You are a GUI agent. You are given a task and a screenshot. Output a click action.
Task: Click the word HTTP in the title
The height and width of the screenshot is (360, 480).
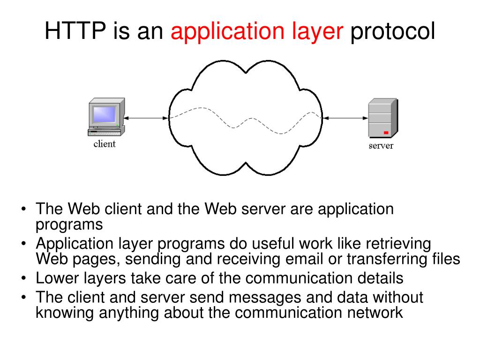tap(75, 32)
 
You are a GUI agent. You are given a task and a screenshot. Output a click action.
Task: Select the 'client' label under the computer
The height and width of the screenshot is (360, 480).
tap(105, 144)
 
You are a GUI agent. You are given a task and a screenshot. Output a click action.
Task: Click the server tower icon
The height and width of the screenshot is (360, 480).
tap(382, 118)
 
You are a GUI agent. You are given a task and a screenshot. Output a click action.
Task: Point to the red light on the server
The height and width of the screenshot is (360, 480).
tap(386, 133)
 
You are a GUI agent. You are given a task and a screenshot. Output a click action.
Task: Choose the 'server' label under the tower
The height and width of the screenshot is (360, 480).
tap(381, 146)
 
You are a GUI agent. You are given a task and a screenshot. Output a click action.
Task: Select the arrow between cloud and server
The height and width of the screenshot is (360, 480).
tap(345, 118)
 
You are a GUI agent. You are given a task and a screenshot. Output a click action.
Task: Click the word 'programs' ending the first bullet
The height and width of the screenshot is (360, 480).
tap(69, 225)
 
